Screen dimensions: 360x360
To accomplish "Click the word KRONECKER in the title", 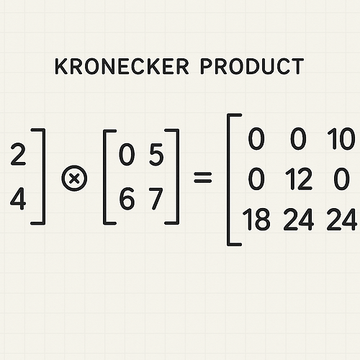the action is [x=122, y=66].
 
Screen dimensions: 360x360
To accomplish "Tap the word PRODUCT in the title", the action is [x=252, y=66].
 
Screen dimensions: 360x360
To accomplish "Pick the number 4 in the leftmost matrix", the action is [x=18, y=199].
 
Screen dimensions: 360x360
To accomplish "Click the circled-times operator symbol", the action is [x=74, y=179].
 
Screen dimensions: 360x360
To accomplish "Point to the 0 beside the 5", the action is [x=127, y=155].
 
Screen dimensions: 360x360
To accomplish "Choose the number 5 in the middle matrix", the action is [x=156, y=155].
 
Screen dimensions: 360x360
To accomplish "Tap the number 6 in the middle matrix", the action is [x=127, y=199].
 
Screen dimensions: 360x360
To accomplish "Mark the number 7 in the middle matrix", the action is [x=156, y=199].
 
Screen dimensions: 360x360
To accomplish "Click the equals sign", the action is [x=203, y=178].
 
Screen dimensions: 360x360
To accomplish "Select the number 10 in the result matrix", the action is [x=341, y=139].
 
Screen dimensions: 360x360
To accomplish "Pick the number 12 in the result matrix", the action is [x=299, y=179].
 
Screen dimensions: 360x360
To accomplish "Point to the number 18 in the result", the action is [x=256, y=220].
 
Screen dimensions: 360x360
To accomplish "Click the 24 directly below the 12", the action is [x=299, y=220].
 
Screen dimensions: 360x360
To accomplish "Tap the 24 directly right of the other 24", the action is [x=341, y=220].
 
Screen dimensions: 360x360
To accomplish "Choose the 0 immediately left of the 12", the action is [x=256, y=179].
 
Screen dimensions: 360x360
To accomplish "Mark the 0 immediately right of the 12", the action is [x=341, y=179].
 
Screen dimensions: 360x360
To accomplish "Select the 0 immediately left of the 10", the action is [x=298, y=139].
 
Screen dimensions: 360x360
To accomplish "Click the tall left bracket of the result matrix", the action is [x=228, y=179].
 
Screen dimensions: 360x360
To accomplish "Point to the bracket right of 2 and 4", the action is [x=44, y=176].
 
